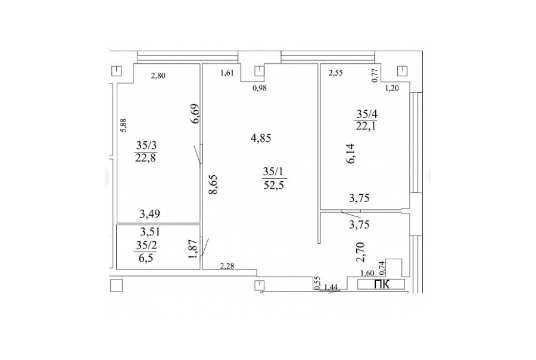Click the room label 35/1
[x=273, y=171]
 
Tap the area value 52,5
[x=274, y=185]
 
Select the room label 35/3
[x=147, y=145]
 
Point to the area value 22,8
[x=146, y=159]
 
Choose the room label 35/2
[x=147, y=245]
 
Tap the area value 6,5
[x=146, y=258]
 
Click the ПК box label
[x=382, y=284]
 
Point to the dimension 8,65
[x=213, y=185]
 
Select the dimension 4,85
[x=261, y=138]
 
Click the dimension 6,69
[x=195, y=114]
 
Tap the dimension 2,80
[x=158, y=76]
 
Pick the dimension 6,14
[x=351, y=154]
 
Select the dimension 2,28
[x=228, y=266]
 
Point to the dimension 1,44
[x=331, y=287]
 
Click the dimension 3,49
[x=149, y=214]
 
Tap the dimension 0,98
[x=260, y=88]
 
